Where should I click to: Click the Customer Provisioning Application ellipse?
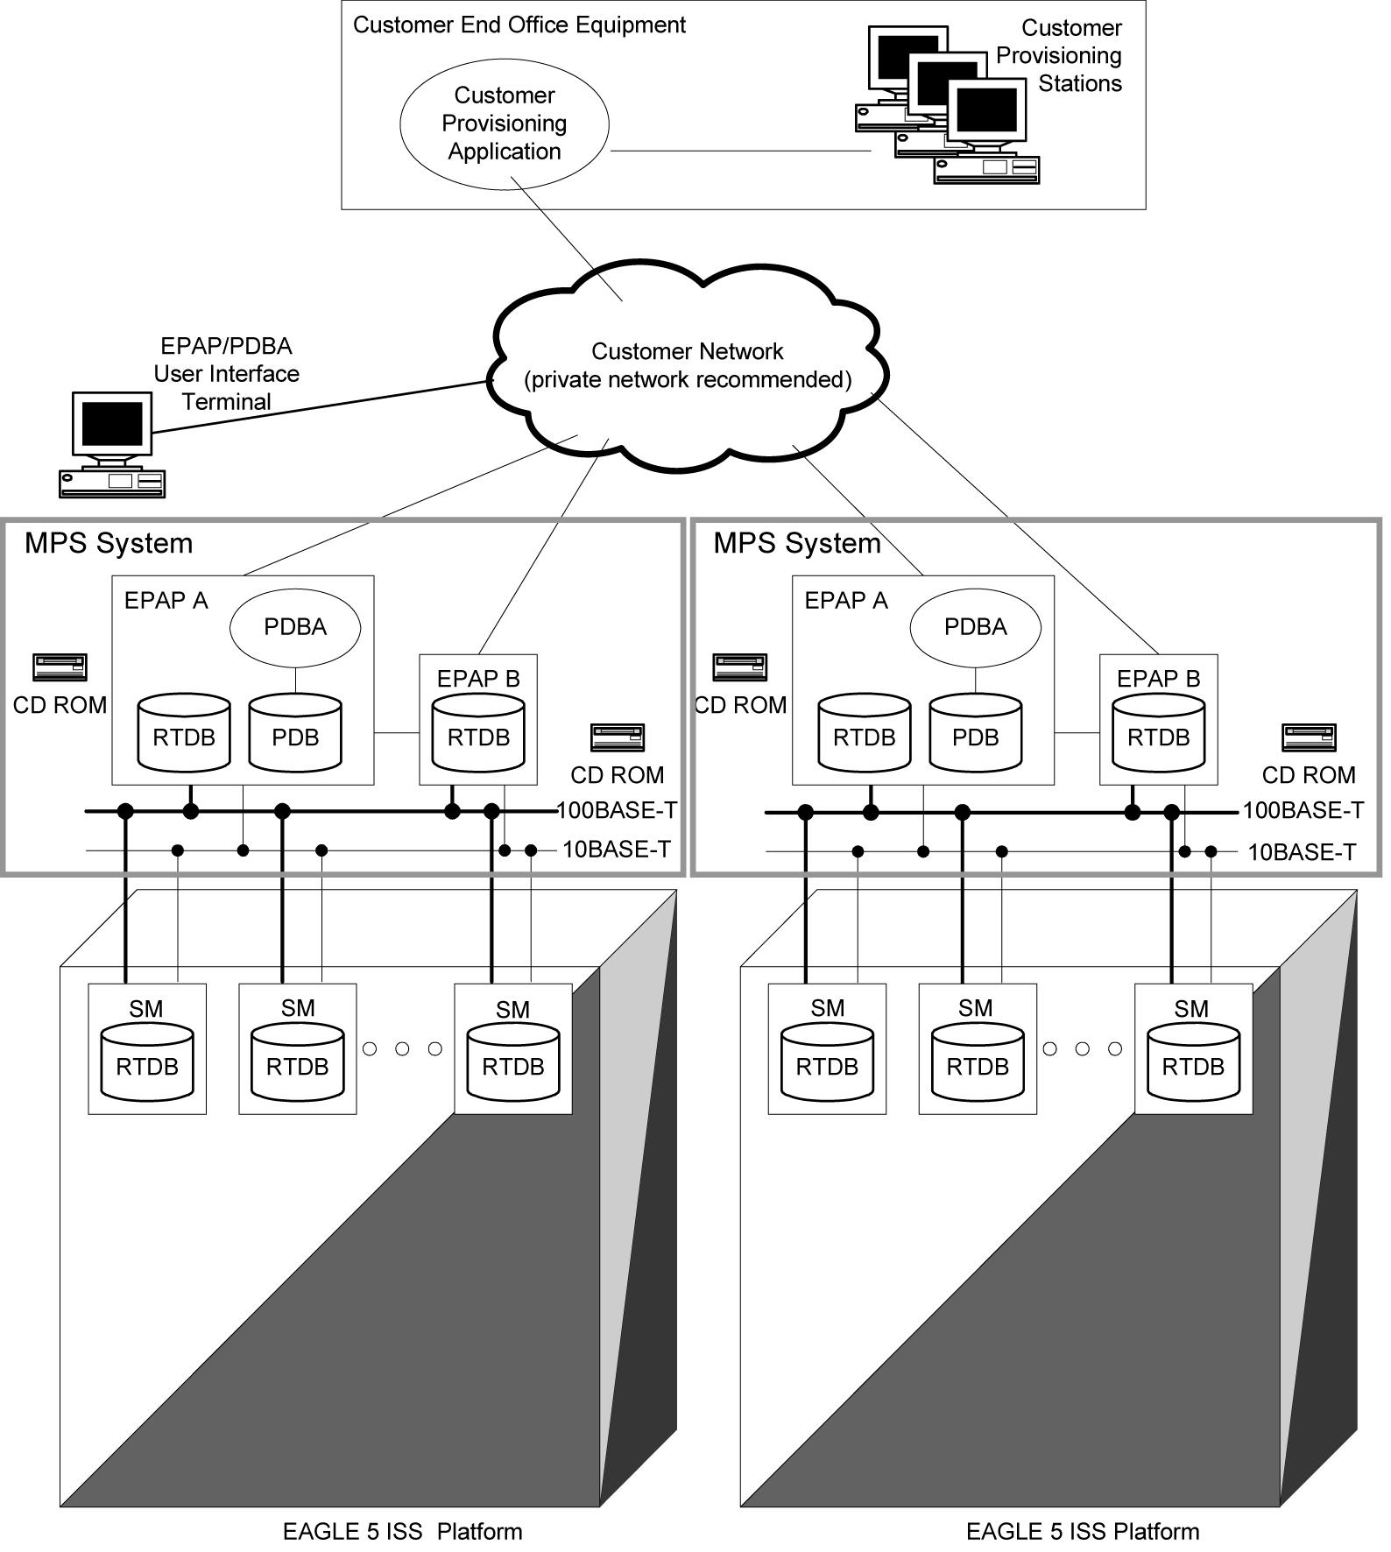point(504,123)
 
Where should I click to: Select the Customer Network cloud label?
point(687,365)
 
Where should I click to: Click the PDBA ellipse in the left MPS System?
point(295,627)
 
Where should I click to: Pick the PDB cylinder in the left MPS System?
point(295,734)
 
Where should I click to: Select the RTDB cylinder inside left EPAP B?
point(478,734)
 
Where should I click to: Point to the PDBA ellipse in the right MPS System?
point(975,627)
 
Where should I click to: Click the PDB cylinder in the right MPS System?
point(975,734)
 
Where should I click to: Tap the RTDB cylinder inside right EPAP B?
point(1158,734)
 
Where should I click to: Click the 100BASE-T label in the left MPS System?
point(618,810)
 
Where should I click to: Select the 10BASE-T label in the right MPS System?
point(1302,851)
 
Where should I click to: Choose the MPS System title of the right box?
point(796,543)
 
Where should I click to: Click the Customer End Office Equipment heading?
point(519,25)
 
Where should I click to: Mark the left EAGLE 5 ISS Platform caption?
point(402,1531)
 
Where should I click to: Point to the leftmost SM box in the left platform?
point(147,1048)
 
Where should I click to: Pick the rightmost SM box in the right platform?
point(1193,1048)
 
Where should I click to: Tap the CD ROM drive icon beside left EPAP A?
point(60,667)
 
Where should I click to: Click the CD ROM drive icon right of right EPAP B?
point(1309,737)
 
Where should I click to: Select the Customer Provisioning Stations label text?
point(1059,56)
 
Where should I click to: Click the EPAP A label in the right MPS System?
point(845,601)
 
